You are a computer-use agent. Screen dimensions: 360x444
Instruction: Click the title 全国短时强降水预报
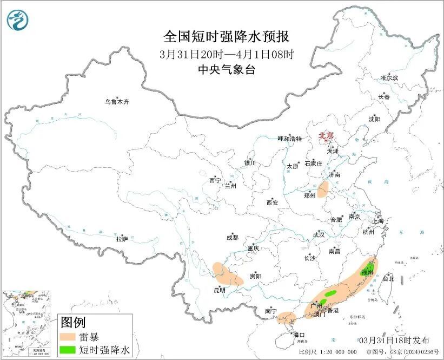click(227, 37)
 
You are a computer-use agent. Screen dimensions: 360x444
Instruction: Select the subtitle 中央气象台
click(227, 69)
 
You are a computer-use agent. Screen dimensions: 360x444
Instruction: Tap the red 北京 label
click(327, 136)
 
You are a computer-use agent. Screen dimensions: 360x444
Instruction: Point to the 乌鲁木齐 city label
click(117, 102)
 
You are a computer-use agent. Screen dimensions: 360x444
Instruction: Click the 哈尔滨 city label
click(388, 78)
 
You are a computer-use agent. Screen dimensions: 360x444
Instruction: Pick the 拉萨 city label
click(122, 238)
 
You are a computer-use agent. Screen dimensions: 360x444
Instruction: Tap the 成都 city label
click(232, 237)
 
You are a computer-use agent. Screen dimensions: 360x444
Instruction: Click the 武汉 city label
click(319, 235)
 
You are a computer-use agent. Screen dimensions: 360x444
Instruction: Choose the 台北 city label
click(388, 279)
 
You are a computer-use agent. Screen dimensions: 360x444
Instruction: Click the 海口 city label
click(299, 335)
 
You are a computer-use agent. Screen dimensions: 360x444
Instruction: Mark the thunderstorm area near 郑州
click(323, 189)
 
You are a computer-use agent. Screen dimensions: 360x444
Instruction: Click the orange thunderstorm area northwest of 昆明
click(227, 274)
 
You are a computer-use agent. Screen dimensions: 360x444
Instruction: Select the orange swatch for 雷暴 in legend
click(68, 338)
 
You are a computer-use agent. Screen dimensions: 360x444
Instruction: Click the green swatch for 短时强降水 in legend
click(68, 350)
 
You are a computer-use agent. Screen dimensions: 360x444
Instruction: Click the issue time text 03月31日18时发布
click(394, 340)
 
